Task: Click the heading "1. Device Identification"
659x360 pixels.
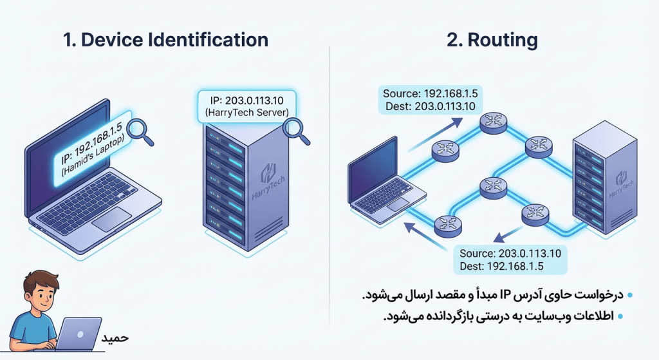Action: pos(165,40)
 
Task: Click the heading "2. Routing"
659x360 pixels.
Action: pos(492,40)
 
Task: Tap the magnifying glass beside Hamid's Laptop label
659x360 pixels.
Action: pos(137,129)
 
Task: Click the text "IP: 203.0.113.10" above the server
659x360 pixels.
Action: pos(246,101)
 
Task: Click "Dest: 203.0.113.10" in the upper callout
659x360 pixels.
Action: pos(428,106)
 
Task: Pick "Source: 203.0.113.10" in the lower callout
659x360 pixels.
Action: pos(511,253)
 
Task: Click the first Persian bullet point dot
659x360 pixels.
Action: pos(630,296)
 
